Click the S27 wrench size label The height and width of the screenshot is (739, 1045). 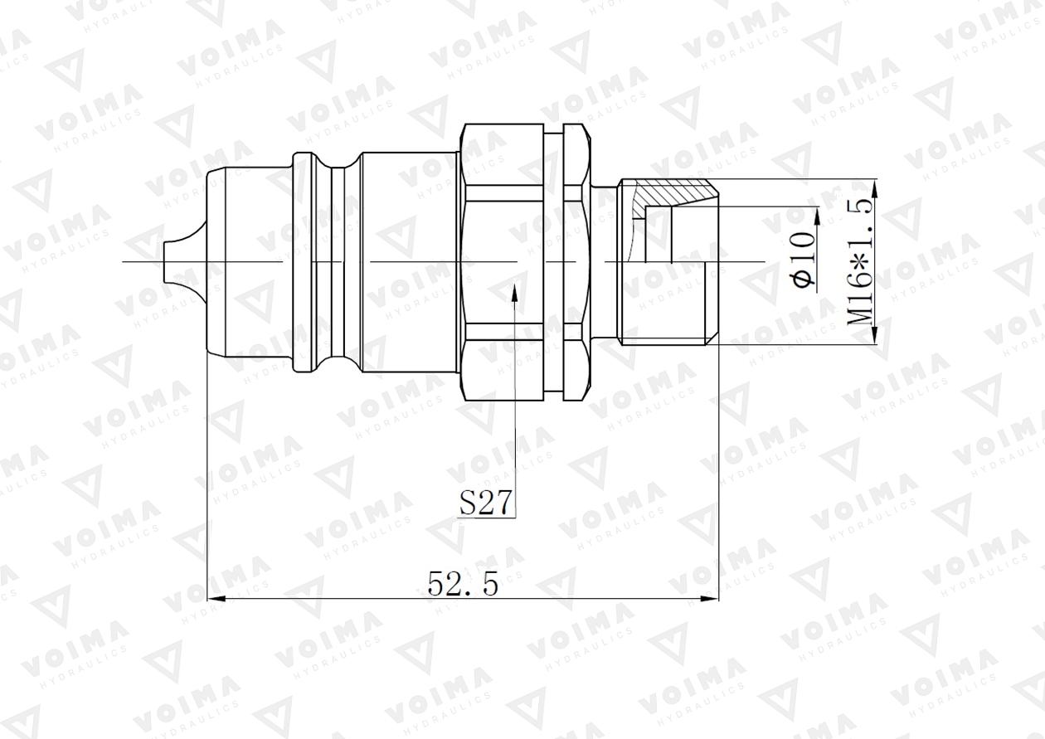click(486, 503)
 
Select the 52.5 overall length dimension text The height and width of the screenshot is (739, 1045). click(463, 585)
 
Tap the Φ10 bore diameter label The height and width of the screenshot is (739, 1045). click(804, 259)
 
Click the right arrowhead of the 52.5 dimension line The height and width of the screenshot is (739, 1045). click(712, 599)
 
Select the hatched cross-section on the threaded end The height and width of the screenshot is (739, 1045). click(672, 193)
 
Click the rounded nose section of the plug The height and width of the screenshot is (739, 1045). click(249, 261)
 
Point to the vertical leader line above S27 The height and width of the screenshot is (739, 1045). click(514, 398)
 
